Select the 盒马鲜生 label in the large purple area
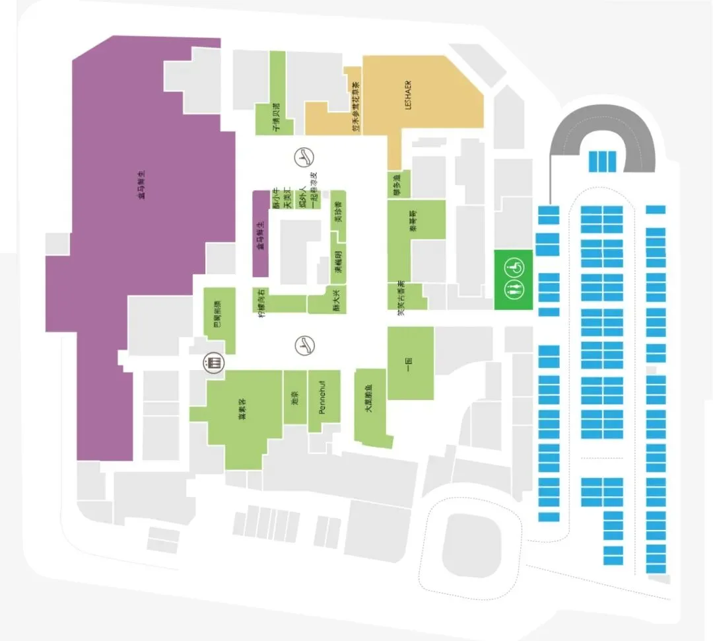coord(141,185)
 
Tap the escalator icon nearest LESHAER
coord(304,157)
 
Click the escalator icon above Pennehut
coord(304,344)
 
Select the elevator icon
coord(213,363)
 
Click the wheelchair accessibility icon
coord(514,268)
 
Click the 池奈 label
coord(294,396)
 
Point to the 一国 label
coord(409,363)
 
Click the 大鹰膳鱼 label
coord(368,399)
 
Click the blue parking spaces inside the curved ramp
coord(602,161)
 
